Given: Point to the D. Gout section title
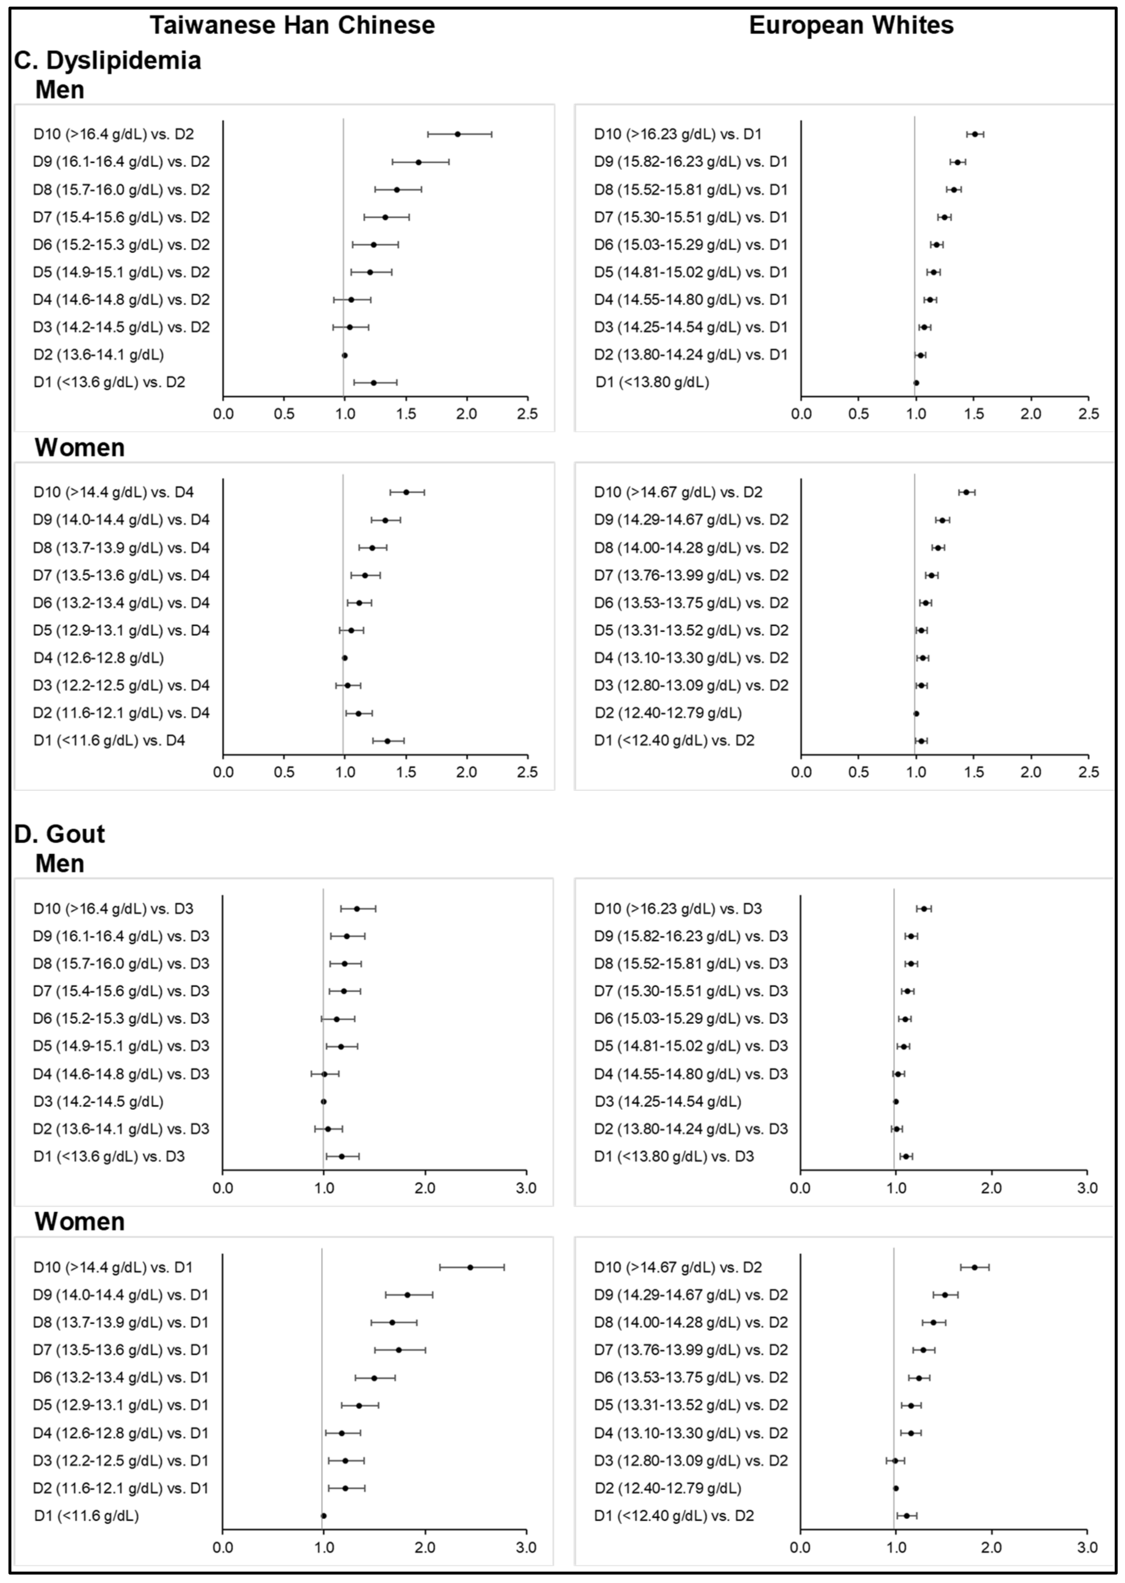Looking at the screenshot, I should point(60,834).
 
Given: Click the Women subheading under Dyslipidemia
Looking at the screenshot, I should point(80,448).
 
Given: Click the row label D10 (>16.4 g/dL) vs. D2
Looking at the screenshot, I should point(114,134).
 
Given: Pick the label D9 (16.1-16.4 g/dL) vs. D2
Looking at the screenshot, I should point(121,161).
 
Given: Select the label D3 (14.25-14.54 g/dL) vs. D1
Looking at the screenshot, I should point(691,327).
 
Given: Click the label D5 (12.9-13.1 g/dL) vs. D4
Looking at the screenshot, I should point(121,630).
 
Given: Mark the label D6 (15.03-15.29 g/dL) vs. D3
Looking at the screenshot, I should point(691,1018).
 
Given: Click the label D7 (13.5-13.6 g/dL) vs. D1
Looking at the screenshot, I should point(121,1349).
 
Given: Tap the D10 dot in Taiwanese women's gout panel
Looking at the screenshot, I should point(470,1267).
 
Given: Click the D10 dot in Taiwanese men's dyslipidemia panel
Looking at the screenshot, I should point(457,134).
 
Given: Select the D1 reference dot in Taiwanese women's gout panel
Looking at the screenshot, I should point(324,1516).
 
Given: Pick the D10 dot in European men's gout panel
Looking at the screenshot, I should point(924,908).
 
